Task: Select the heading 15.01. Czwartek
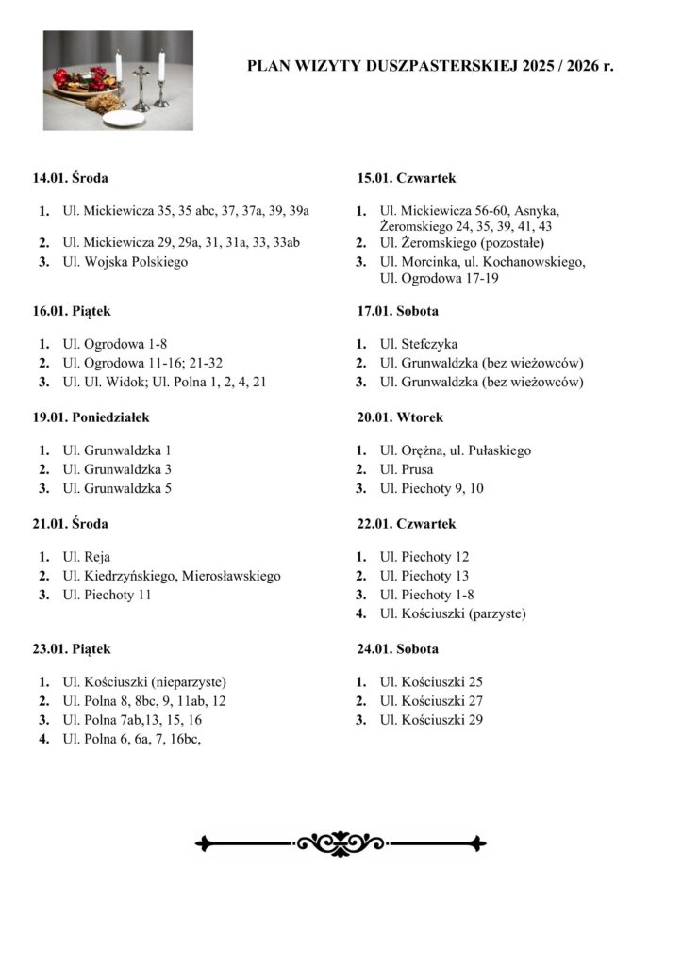click(407, 178)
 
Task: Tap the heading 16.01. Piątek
click(72, 311)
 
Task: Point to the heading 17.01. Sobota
click(397, 311)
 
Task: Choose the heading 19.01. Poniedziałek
click(91, 417)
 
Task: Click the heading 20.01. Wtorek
click(399, 417)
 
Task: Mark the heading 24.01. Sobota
click(397, 649)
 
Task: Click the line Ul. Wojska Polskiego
click(125, 262)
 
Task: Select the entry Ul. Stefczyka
click(418, 344)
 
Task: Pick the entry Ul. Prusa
click(407, 469)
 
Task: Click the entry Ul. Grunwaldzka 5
click(116, 488)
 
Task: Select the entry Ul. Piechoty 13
click(424, 576)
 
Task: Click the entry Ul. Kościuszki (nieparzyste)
click(144, 682)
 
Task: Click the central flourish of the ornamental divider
click(341, 842)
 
